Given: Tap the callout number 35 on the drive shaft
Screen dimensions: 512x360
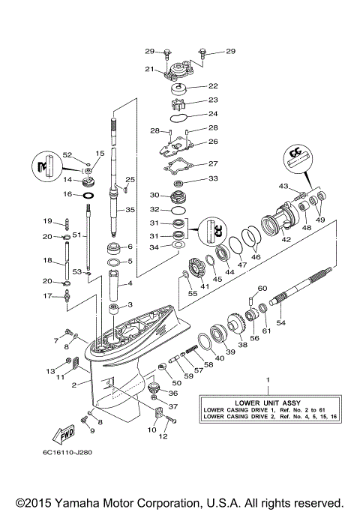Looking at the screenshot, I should pyautogui.click(x=130, y=209).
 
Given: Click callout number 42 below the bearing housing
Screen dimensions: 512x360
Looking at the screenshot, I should pyautogui.click(x=285, y=241).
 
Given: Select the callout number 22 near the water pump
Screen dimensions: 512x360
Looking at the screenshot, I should pyautogui.click(x=213, y=86).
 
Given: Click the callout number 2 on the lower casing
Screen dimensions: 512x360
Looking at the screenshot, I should pyautogui.click(x=73, y=385).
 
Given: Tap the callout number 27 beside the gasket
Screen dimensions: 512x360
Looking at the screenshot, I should pyautogui.click(x=213, y=163).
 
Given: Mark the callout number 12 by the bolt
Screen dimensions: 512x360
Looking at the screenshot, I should pyautogui.click(x=164, y=436).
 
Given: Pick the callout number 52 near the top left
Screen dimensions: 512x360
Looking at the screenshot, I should pyautogui.click(x=67, y=154).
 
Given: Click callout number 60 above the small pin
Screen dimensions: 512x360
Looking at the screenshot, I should pyautogui.click(x=262, y=289).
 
